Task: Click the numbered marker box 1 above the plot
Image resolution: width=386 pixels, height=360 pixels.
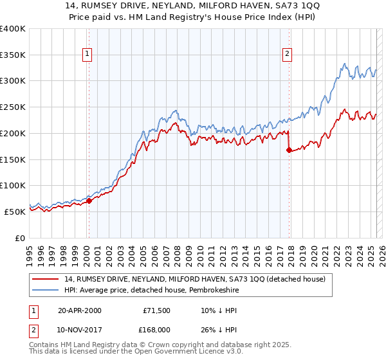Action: click(x=87, y=55)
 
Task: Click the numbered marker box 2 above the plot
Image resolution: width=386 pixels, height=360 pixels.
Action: click(x=287, y=55)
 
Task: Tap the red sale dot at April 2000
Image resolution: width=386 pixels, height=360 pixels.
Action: click(x=89, y=200)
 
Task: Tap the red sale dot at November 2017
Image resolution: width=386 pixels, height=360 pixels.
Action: click(x=289, y=150)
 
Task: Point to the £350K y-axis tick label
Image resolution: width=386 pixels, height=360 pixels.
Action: click(x=13, y=55)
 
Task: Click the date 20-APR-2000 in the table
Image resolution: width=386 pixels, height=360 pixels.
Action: click(x=80, y=310)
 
